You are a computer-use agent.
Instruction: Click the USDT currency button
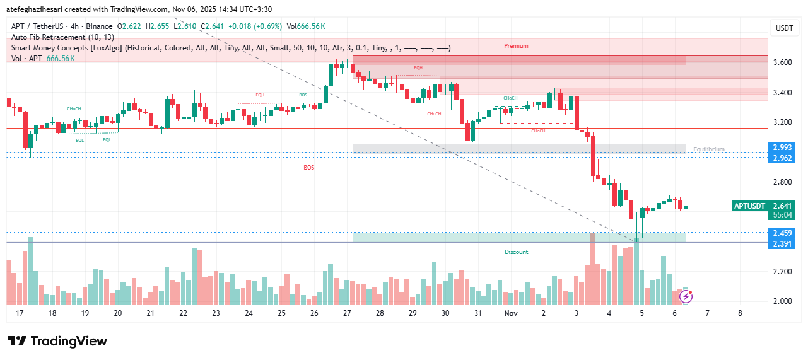pyautogui.click(x=784, y=28)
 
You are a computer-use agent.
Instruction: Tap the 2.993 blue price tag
pyautogui.click(x=782, y=147)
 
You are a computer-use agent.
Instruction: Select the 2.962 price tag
pyautogui.click(x=782, y=158)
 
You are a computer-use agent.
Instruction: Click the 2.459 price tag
pyautogui.click(x=782, y=233)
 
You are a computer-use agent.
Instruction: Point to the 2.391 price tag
pyautogui.click(x=782, y=244)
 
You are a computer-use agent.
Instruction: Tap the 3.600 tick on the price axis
pyautogui.click(x=782, y=62)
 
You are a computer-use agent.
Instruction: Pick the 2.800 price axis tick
pyautogui.click(x=782, y=182)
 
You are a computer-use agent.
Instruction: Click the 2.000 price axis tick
pyautogui.click(x=782, y=301)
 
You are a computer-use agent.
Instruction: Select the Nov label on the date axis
pyautogui.click(x=511, y=313)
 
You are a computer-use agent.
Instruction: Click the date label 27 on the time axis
pyautogui.click(x=346, y=313)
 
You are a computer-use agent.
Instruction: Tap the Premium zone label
pyautogui.click(x=516, y=46)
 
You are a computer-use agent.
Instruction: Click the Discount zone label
pyautogui.click(x=516, y=252)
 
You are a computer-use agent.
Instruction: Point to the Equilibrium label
pyautogui.click(x=709, y=149)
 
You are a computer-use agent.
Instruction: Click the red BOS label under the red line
pyautogui.click(x=308, y=168)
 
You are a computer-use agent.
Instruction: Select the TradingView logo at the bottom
pyautogui.click(x=57, y=341)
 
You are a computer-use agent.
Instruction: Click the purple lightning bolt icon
pyautogui.click(x=686, y=296)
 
